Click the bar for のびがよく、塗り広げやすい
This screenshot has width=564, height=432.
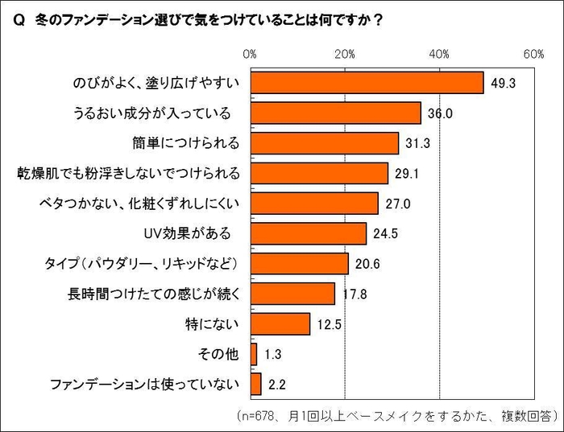click(367, 83)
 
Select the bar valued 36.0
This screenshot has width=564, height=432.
click(335, 113)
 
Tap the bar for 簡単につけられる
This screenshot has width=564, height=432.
click(325, 143)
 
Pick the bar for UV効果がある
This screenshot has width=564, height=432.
click(309, 233)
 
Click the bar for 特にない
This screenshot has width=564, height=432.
click(280, 323)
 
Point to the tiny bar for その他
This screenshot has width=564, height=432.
click(254, 354)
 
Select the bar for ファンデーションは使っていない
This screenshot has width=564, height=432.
click(256, 384)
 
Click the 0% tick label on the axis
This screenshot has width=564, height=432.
click(250, 54)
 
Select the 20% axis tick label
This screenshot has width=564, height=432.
click(345, 54)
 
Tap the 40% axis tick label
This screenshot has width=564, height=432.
click(439, 54)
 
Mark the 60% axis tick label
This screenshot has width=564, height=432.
click(533, 54)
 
